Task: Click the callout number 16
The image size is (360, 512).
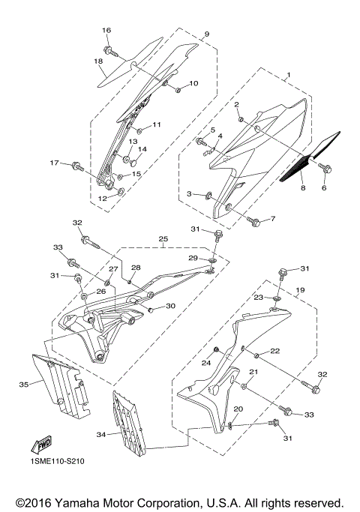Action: (106, 30)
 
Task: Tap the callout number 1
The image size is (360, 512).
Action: (287, 75)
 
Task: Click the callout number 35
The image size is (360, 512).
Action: (23, 385)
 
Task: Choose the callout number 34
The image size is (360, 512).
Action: (102, 433)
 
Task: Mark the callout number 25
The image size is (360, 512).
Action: (162, 241)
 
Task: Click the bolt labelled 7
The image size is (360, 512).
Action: (253, 221)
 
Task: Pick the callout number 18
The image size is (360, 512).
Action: (98, 61)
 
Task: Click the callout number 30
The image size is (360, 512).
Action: (170, 306)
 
